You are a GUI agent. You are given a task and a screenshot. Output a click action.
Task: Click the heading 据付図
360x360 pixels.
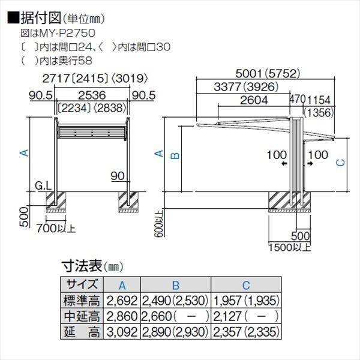pos(35,19)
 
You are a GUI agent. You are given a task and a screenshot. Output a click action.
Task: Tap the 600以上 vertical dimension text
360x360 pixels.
pos(158,223)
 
